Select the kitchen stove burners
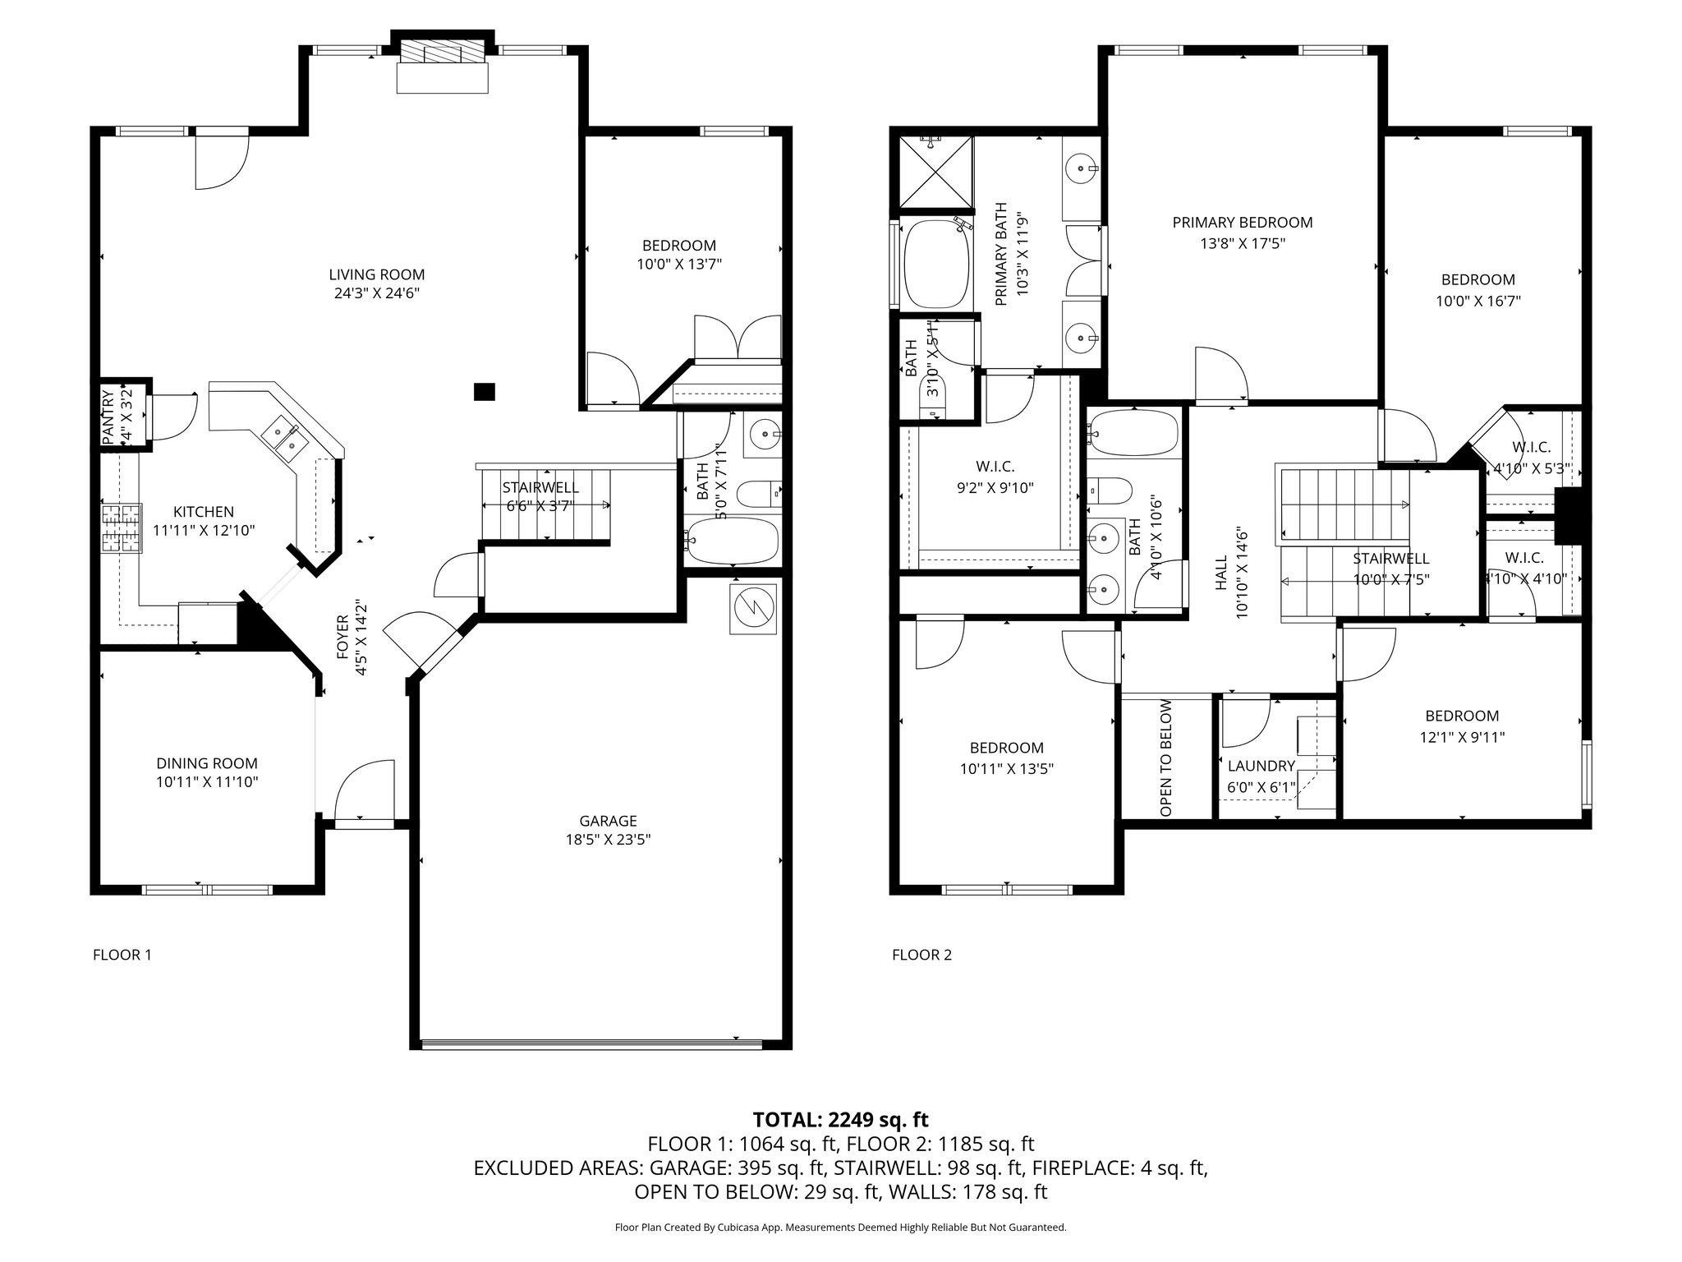tap(121, 528)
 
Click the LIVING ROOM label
tap(377, 274)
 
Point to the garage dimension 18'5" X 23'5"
tap(609, 840)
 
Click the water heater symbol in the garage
tap(753, 609)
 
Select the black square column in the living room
tap(485, 392)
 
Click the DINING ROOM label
tap(207, 763)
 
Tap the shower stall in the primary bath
tap(936, 172)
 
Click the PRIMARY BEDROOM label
tap(1242, 223)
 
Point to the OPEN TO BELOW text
tap(1166, 758)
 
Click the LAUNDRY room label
tap(1261, 766)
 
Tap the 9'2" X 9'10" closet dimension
tap(995, 487)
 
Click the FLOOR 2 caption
tap(921, 955)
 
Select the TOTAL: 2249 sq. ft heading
tap(840, 1119)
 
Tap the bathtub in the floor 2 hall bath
tap(1135, 433)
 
